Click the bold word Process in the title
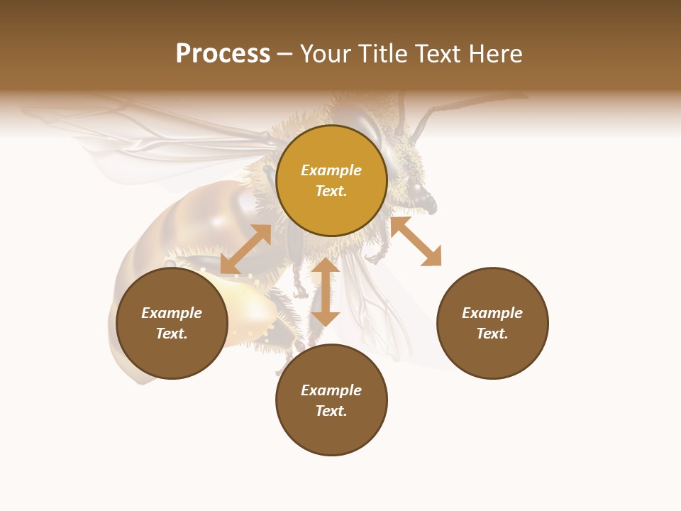(x=223, y=54)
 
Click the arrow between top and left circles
(x=245, y=249)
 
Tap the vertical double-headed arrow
(x=326, y=292)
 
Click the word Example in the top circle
(x=331, y=170)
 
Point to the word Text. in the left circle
(x=172, y=334)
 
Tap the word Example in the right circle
(x=492, y=313)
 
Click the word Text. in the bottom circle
(x=331, y=411)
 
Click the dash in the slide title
(x=284, y=54)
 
